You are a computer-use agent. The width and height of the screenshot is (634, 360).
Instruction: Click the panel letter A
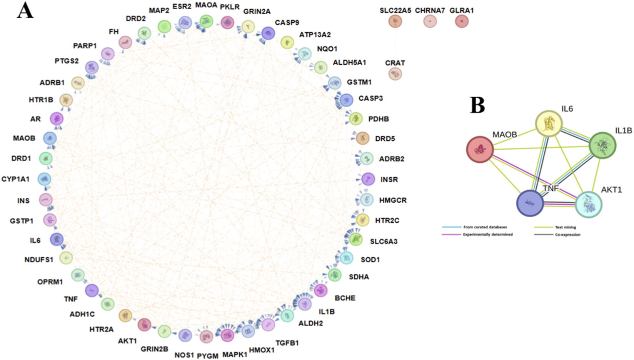click(25, 11)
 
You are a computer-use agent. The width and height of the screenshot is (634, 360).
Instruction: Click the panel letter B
click(477, 105)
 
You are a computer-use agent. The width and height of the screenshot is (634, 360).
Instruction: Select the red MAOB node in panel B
click(480, 149)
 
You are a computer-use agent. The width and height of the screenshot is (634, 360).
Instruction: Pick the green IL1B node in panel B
click(603, 145)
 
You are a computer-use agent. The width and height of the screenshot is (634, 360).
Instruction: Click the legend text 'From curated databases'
click(485, 227)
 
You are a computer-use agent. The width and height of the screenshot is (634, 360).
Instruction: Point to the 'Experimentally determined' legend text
click(488, 235)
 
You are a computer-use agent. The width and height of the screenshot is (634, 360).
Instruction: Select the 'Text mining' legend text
click(566, 227)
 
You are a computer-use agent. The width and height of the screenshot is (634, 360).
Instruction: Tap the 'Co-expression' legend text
click(568, 235)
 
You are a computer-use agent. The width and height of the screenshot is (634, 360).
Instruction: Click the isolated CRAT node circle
click(395, 73)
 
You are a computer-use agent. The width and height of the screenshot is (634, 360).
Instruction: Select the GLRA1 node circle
click(462, 22)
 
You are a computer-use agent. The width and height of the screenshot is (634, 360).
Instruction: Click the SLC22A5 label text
click(395, 11)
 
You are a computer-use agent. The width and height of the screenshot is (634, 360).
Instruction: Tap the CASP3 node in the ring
click(347, 100)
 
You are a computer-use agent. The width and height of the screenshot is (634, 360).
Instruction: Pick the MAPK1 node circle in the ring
click(227, 335)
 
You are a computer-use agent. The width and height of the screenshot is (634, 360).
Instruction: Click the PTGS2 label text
click(67, 61)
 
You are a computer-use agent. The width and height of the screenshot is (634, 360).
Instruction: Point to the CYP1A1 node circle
click(45, 179)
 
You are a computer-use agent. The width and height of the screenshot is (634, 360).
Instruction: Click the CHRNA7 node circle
click(430, 22)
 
